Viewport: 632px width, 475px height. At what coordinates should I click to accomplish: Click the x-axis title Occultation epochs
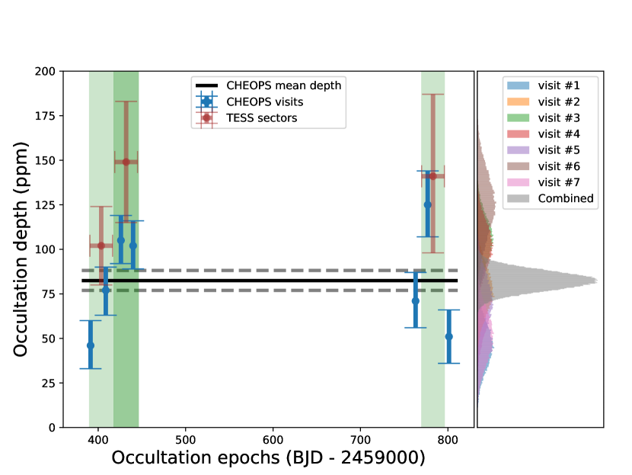tap(268, 457)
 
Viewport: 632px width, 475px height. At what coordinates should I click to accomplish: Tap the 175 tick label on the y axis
tap(44, 116)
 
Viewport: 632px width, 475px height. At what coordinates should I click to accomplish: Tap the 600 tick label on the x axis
tap(273, 439)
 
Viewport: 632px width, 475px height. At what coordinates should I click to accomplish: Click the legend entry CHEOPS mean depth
tap(283, 85)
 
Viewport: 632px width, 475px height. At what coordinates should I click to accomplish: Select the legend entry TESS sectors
tap(261, 117)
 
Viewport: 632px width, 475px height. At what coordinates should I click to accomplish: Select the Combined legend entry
tap(564, 198)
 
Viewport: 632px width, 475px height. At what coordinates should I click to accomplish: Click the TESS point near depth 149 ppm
tap(126, 162)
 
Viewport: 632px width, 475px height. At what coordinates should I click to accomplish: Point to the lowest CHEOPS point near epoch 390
tap(91, 345)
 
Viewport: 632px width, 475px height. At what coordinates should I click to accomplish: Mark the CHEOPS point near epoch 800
tap(448, 336)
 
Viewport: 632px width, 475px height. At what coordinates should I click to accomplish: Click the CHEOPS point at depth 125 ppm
tap(428, 204)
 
